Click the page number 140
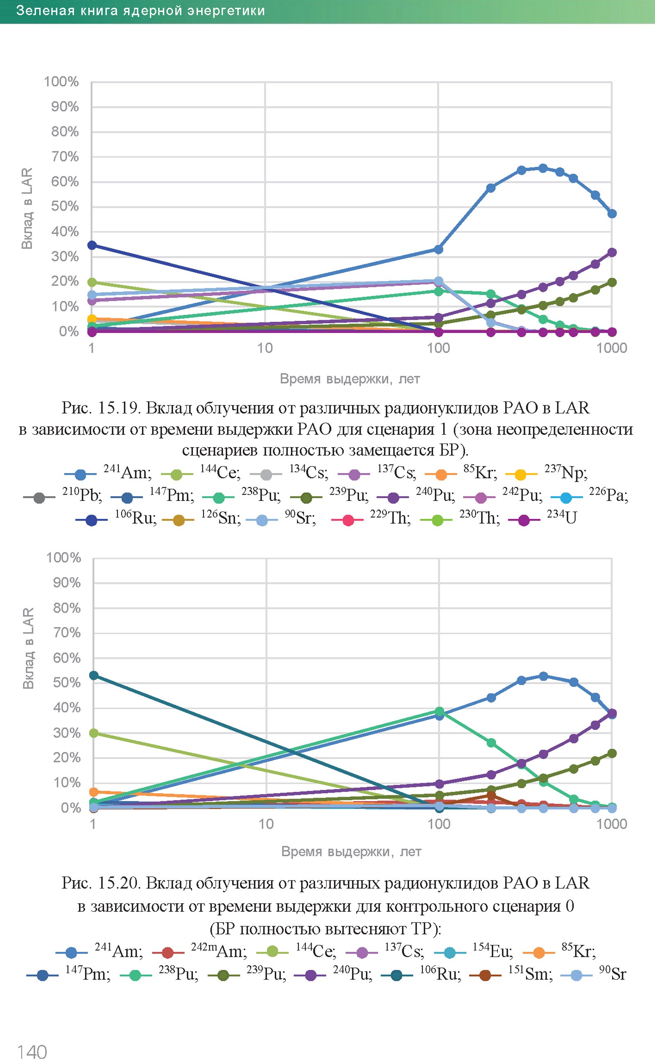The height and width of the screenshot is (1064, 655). click(32, 1051)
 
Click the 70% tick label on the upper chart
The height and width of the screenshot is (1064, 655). click(65, 156)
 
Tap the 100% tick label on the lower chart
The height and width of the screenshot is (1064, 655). click(64, 557)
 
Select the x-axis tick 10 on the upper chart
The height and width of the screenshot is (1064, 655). click(265, 348)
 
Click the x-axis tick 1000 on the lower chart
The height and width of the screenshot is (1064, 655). click(611, 824)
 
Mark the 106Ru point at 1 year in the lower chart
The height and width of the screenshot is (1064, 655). click(94, 676)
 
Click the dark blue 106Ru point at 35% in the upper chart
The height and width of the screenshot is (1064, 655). click(92, 245)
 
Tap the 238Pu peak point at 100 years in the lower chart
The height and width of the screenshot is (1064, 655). click(439, 712)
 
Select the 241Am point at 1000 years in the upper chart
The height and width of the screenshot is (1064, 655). click(612, 214)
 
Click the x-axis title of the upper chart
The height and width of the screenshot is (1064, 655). click(350, 379)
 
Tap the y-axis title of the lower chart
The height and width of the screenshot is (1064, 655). click(29, 648)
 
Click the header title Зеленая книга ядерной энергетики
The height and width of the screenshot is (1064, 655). click(140, 11)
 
